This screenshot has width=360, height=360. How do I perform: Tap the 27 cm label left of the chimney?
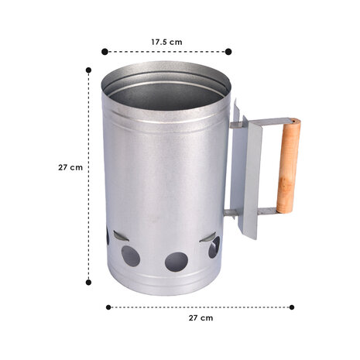[70, 166]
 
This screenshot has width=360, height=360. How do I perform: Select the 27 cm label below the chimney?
[201, 318]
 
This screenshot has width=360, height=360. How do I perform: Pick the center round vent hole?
[176, 262]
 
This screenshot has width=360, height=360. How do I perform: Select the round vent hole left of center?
[132, 256]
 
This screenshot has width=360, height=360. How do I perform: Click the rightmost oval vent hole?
[214, 248]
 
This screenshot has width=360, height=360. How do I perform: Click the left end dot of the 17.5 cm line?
[105, 52]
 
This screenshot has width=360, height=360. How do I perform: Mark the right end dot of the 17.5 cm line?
[228, 52]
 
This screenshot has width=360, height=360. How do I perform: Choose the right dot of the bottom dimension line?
[292, 307]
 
